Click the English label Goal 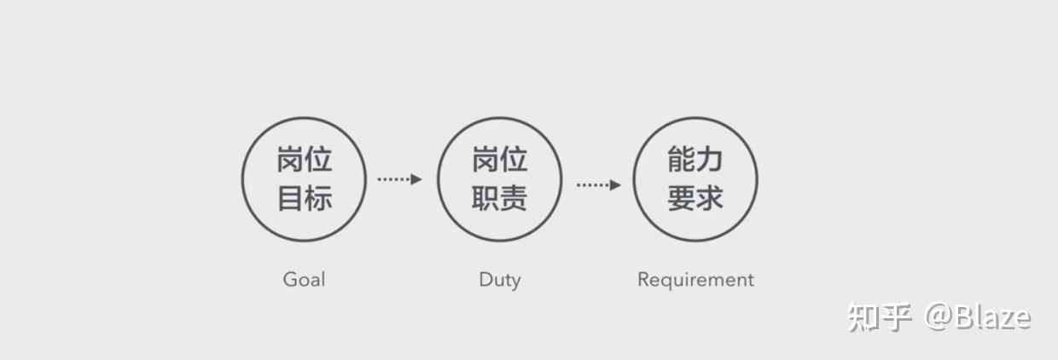tap(304, 280)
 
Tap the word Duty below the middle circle tap(499, 280)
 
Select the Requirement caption tap(695, 280)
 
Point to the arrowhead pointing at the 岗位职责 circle tap(416, 179)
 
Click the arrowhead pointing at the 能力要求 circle tap(615, 184)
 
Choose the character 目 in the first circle tap(290, 199)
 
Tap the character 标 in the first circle tap(317, 199)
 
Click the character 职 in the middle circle tap(485, 199)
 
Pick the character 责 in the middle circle tap(514, 199)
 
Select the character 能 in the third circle tap(681, 160)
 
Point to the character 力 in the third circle tap(709, 160)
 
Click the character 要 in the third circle tap(681, 199)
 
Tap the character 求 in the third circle tap(709, 199)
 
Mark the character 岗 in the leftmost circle tap(290, 160)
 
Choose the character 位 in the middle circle tap(514, 160)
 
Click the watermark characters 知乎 tap(880, 317)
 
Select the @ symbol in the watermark tap(938, 317)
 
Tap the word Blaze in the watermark tap(993, 317)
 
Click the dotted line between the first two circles tap(393, 179)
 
